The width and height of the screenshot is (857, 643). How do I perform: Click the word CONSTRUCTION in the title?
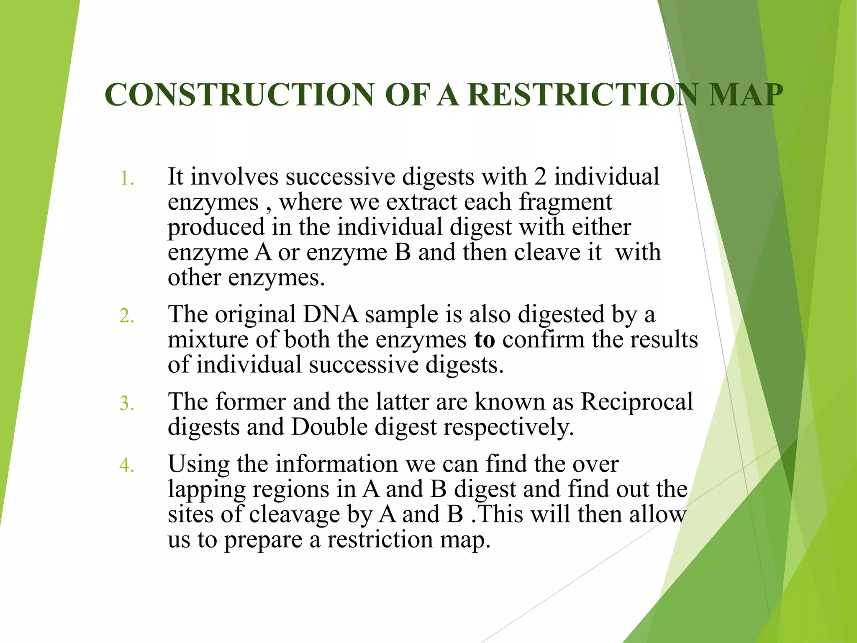[239, 95]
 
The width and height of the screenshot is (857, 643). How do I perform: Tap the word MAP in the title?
[745, 95]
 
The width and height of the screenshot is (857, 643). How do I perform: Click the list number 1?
[127, 179]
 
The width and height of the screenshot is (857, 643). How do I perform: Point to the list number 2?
[127, 316]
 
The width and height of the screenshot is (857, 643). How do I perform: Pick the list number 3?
[127, 404]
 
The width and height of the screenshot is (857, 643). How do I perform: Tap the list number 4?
[127, 466]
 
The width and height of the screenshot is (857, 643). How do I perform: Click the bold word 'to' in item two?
[485, 340]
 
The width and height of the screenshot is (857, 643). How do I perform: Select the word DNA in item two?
[330, 314]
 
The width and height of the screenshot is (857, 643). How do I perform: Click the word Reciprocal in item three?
[636, 402]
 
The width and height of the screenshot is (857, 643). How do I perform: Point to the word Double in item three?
[329, 427]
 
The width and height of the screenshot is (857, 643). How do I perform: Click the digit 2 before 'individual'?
[540, 177]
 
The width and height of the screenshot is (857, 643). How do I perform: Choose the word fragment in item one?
[565, 203]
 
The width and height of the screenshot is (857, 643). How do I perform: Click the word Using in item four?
[199, 465]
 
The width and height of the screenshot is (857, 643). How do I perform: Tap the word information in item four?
[336, 464]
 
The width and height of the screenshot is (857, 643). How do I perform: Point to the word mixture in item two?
[208, 340]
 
